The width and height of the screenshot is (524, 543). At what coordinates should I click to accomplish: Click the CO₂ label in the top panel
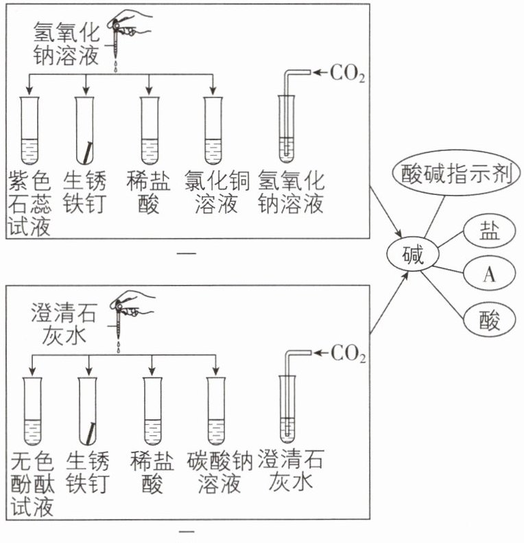pyautogui.click(x=348, y=73)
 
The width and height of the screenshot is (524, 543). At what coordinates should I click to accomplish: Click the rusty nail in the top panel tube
pyautogui.click(x=88, y=152)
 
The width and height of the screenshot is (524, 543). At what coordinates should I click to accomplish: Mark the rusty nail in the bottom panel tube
pyautogui.click(x=91, y=433)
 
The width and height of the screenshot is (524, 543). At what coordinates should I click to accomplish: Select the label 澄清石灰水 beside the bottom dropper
pyautogui.click(x=64, y=323)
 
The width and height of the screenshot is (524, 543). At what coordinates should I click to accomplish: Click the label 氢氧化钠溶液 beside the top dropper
pyautogui.click(x=66, y=43)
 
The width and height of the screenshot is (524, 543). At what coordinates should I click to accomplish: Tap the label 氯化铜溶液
pyautogui.click(x=217, y=192)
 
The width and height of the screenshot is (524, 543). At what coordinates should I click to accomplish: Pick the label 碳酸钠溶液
pyautogui.click(x=219, y=472)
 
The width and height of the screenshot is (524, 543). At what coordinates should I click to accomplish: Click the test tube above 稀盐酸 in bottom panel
pyautogui.click(x=152, y=411)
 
